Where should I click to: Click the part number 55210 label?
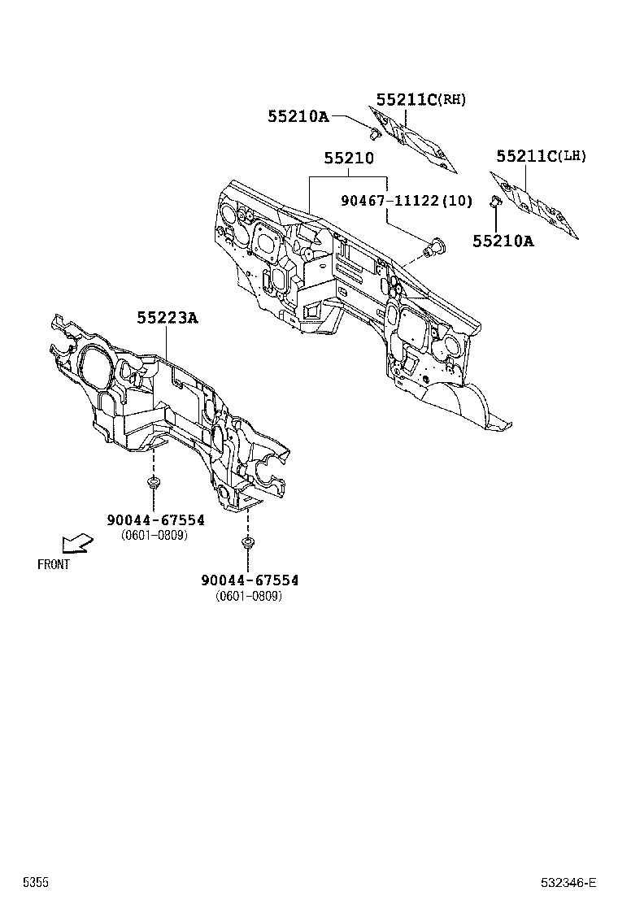(349, 159)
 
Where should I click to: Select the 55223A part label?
(167, 318)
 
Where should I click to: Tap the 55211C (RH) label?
(420, 100)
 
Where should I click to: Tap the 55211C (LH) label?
(540, 156)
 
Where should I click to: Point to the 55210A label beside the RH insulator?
(298, 117)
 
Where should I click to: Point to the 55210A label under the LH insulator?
(503, 241)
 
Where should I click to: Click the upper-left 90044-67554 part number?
(154, 519)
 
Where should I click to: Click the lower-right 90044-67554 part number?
(250, 580)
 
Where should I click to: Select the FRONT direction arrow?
(78, 542)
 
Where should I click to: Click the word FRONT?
(54, 564)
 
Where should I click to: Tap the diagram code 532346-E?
(569, 882)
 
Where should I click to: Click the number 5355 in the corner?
(35, 882)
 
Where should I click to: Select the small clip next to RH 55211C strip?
(374, 131)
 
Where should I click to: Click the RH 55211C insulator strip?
(416, 143)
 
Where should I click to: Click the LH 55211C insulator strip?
(537, 207)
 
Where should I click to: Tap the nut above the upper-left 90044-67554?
(153, 485)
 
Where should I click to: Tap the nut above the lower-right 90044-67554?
(246, 541)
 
